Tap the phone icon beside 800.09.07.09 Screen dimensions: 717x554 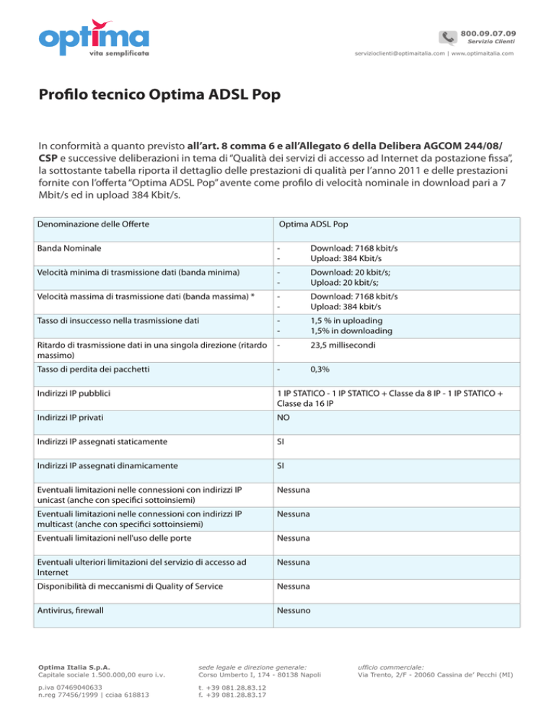[x=449, y=37]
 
